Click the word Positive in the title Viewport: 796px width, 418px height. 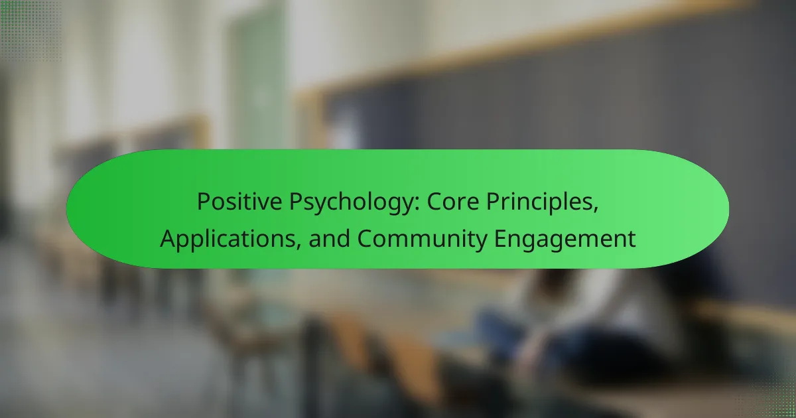click(x=239, y=202)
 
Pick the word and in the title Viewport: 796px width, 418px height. click(x=329, y=238)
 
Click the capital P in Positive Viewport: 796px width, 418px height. click(x=204, y=202)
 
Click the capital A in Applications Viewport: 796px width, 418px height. click(x=168, y=239)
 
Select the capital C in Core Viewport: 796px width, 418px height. click(x=435, y=202)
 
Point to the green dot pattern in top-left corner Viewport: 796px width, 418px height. click(x=31, y=31)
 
